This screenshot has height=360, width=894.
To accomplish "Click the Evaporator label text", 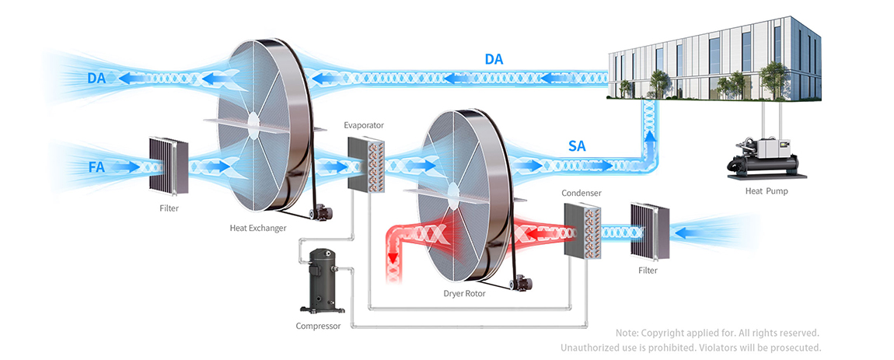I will pyautogui.click(x=365, y=124).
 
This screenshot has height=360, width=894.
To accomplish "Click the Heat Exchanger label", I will pyautogui.click(x=258, y=228).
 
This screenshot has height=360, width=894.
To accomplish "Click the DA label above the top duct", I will pyautogui.click(x=494, y=59).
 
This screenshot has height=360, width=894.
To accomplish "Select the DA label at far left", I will pyautogui.click(x=96, y=78).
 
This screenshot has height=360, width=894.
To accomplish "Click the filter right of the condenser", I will pyautogui.click(x=649, y=232).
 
